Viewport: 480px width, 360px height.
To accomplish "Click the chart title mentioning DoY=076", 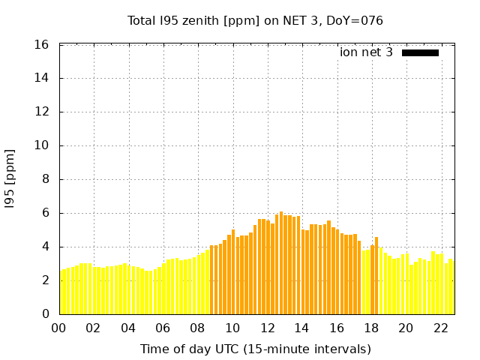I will click(255, 20).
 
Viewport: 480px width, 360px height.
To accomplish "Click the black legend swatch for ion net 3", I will click(420, 52).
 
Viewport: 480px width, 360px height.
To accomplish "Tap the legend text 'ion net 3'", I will click(366, 52).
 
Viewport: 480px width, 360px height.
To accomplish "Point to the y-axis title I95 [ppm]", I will click(10, 179).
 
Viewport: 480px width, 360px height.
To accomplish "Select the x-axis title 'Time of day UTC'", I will click(255, 349).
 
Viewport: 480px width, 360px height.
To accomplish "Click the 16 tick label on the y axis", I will click(43, 45).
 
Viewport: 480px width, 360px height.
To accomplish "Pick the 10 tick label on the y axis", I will click(43, 145).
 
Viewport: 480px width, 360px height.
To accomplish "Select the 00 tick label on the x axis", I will click(59, 328).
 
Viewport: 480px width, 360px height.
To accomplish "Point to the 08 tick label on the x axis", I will click(198, 328).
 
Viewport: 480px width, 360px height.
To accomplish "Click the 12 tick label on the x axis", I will click(267, 328).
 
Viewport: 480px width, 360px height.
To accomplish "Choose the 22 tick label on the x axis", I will click(441, 328).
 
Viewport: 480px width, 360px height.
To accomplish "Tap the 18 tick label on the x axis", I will click(371, 328).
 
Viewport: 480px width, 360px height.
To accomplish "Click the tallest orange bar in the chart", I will click(281, 262).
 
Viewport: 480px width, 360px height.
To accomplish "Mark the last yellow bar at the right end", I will click(451, 287).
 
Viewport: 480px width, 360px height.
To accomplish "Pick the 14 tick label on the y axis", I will click(43, 78).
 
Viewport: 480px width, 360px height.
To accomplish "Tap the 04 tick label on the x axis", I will click(128, 328).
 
